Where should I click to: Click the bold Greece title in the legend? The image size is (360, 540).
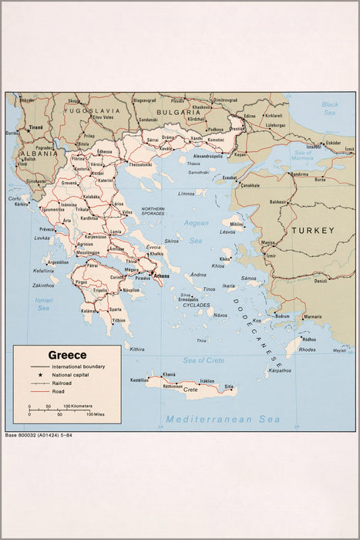(67, 356)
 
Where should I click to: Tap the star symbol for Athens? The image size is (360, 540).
(151, 274)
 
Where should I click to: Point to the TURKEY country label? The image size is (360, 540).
(312, 230)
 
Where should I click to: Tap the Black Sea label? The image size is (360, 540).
(330, 108)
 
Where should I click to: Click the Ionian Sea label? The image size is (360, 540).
(43, 304)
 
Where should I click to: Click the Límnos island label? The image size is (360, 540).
(187, 194)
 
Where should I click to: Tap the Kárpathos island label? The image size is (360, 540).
(280, 370)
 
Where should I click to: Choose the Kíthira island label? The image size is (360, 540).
(137, 349)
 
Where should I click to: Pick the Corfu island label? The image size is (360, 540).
(15, 198)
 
